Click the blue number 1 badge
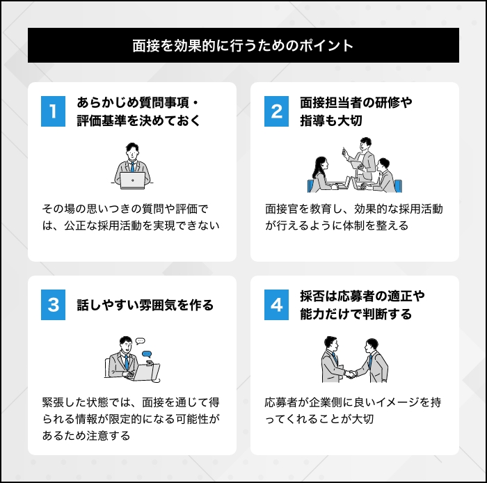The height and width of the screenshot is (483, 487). [53, 111]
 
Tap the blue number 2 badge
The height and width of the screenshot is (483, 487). [276, 111]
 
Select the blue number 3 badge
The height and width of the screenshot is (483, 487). [53, 305]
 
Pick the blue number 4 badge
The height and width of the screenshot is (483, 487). [276, 305]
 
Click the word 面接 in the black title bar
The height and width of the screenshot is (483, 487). [145, 46]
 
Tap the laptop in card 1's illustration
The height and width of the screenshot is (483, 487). [133, 180]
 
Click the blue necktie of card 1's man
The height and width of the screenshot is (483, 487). [133, 167]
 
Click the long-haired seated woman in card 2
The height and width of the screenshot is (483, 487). [321, 175]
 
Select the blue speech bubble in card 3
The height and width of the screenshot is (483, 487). [147, 354]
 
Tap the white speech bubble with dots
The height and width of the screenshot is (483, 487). [141, 341]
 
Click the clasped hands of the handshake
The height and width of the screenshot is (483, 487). [351, 374]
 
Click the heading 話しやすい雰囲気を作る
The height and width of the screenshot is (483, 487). [145, 305]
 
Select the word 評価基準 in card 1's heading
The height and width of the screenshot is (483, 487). [102, 121]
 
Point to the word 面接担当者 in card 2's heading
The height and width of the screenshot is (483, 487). [331, 103]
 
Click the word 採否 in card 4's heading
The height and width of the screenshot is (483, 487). [312, 296]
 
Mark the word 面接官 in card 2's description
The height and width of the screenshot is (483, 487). [282, 209]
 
